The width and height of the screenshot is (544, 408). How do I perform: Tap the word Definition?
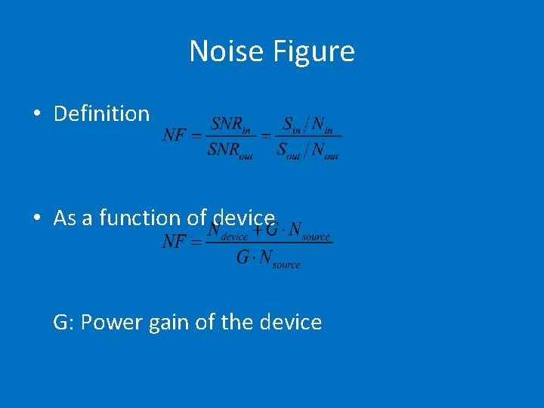tap(102, 114)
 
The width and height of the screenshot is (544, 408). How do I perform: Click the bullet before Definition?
tap(36, 114)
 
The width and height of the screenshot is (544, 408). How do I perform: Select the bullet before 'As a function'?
tap(36, 218)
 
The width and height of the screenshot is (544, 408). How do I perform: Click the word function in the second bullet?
tap(141, 218)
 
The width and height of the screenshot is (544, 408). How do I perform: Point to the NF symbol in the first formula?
tap(175, 136)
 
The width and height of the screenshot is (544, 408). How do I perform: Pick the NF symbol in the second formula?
tap(175, 242)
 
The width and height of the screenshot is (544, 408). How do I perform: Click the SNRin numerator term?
tap(230, 124)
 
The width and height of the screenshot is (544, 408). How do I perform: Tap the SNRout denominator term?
tap(230, 150)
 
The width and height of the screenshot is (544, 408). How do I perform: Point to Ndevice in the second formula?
tap(227, 231)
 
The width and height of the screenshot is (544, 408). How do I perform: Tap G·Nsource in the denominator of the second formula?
tap(268, 258)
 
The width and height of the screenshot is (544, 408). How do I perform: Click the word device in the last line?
tap(290, 323)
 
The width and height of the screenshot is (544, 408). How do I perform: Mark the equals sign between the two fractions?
tap(266, 136)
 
